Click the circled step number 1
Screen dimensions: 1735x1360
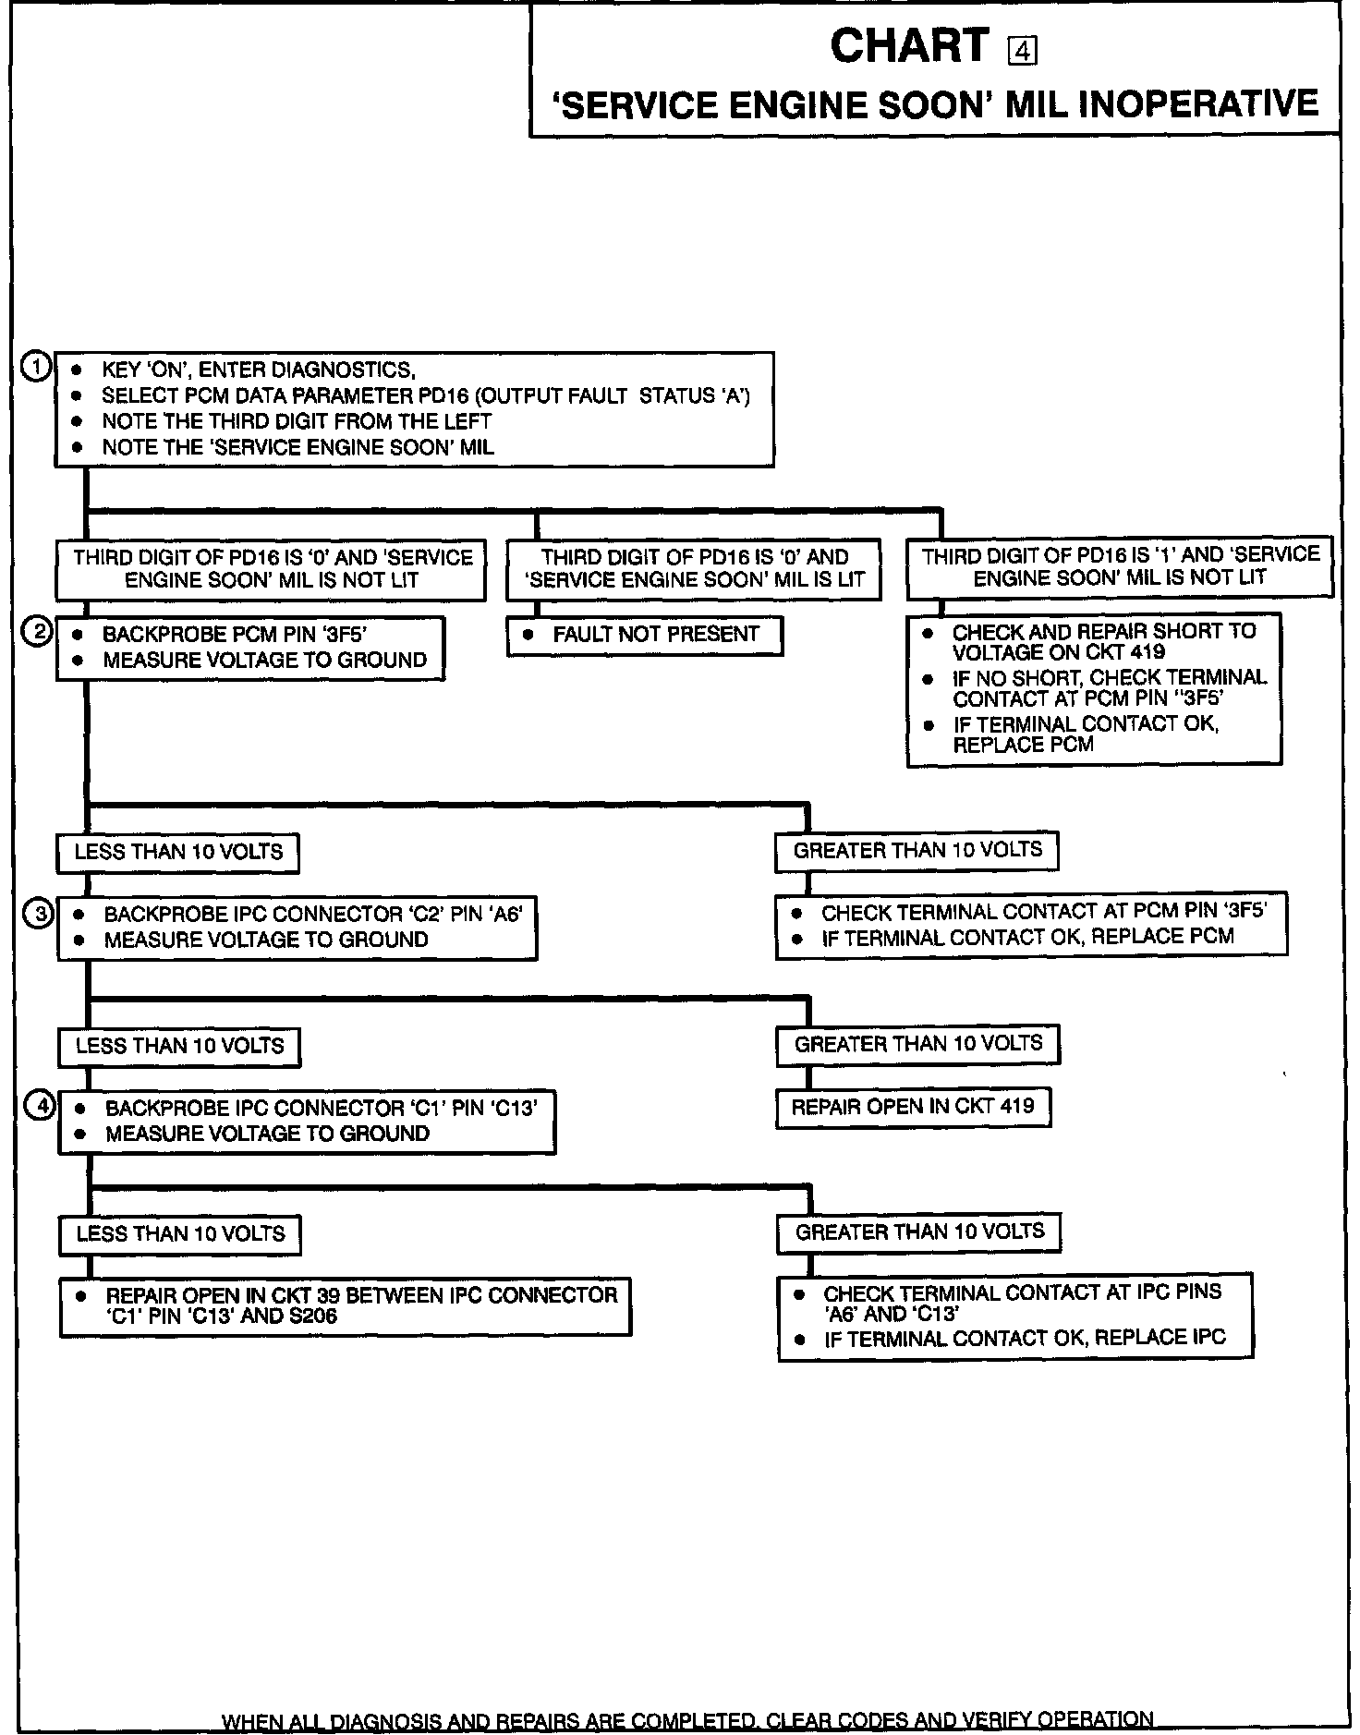click(35, 366)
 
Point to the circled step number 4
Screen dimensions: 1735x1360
click(40, 1105)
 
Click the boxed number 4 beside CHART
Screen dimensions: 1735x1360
click(1023, 52)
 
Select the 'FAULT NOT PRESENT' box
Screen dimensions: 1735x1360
click(644, 635)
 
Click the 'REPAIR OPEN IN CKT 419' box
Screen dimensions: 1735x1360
click(912, 1106)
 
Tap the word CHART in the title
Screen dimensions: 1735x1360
click(909, 45)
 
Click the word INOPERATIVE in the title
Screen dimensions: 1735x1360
click(1198, 103)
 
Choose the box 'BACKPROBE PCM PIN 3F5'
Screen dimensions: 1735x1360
click(249, 647)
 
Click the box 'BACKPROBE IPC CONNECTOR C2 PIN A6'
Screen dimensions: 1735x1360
click(297, 927)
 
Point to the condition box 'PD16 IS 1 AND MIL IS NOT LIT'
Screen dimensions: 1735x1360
click(1120, 565)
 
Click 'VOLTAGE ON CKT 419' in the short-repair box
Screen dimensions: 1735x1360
click(1058, 651)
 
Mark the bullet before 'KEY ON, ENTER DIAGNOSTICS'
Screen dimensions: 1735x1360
click(79, 370)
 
